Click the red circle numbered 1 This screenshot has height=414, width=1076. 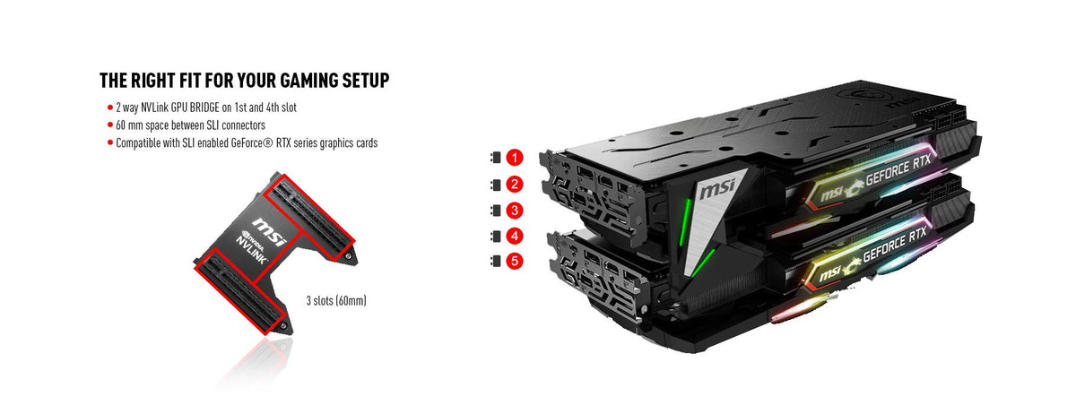[514, 159]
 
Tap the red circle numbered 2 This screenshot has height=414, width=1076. [514, 185]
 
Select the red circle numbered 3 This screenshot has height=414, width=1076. [514, 211]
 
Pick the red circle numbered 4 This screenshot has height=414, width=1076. [514, 237]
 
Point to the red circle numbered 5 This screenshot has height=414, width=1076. [514, 263]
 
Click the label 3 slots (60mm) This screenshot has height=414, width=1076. [336, 301]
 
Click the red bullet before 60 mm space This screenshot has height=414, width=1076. [108, 125]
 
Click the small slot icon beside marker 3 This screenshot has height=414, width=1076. [493, 211]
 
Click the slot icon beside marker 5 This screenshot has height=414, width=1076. [493, 263]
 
